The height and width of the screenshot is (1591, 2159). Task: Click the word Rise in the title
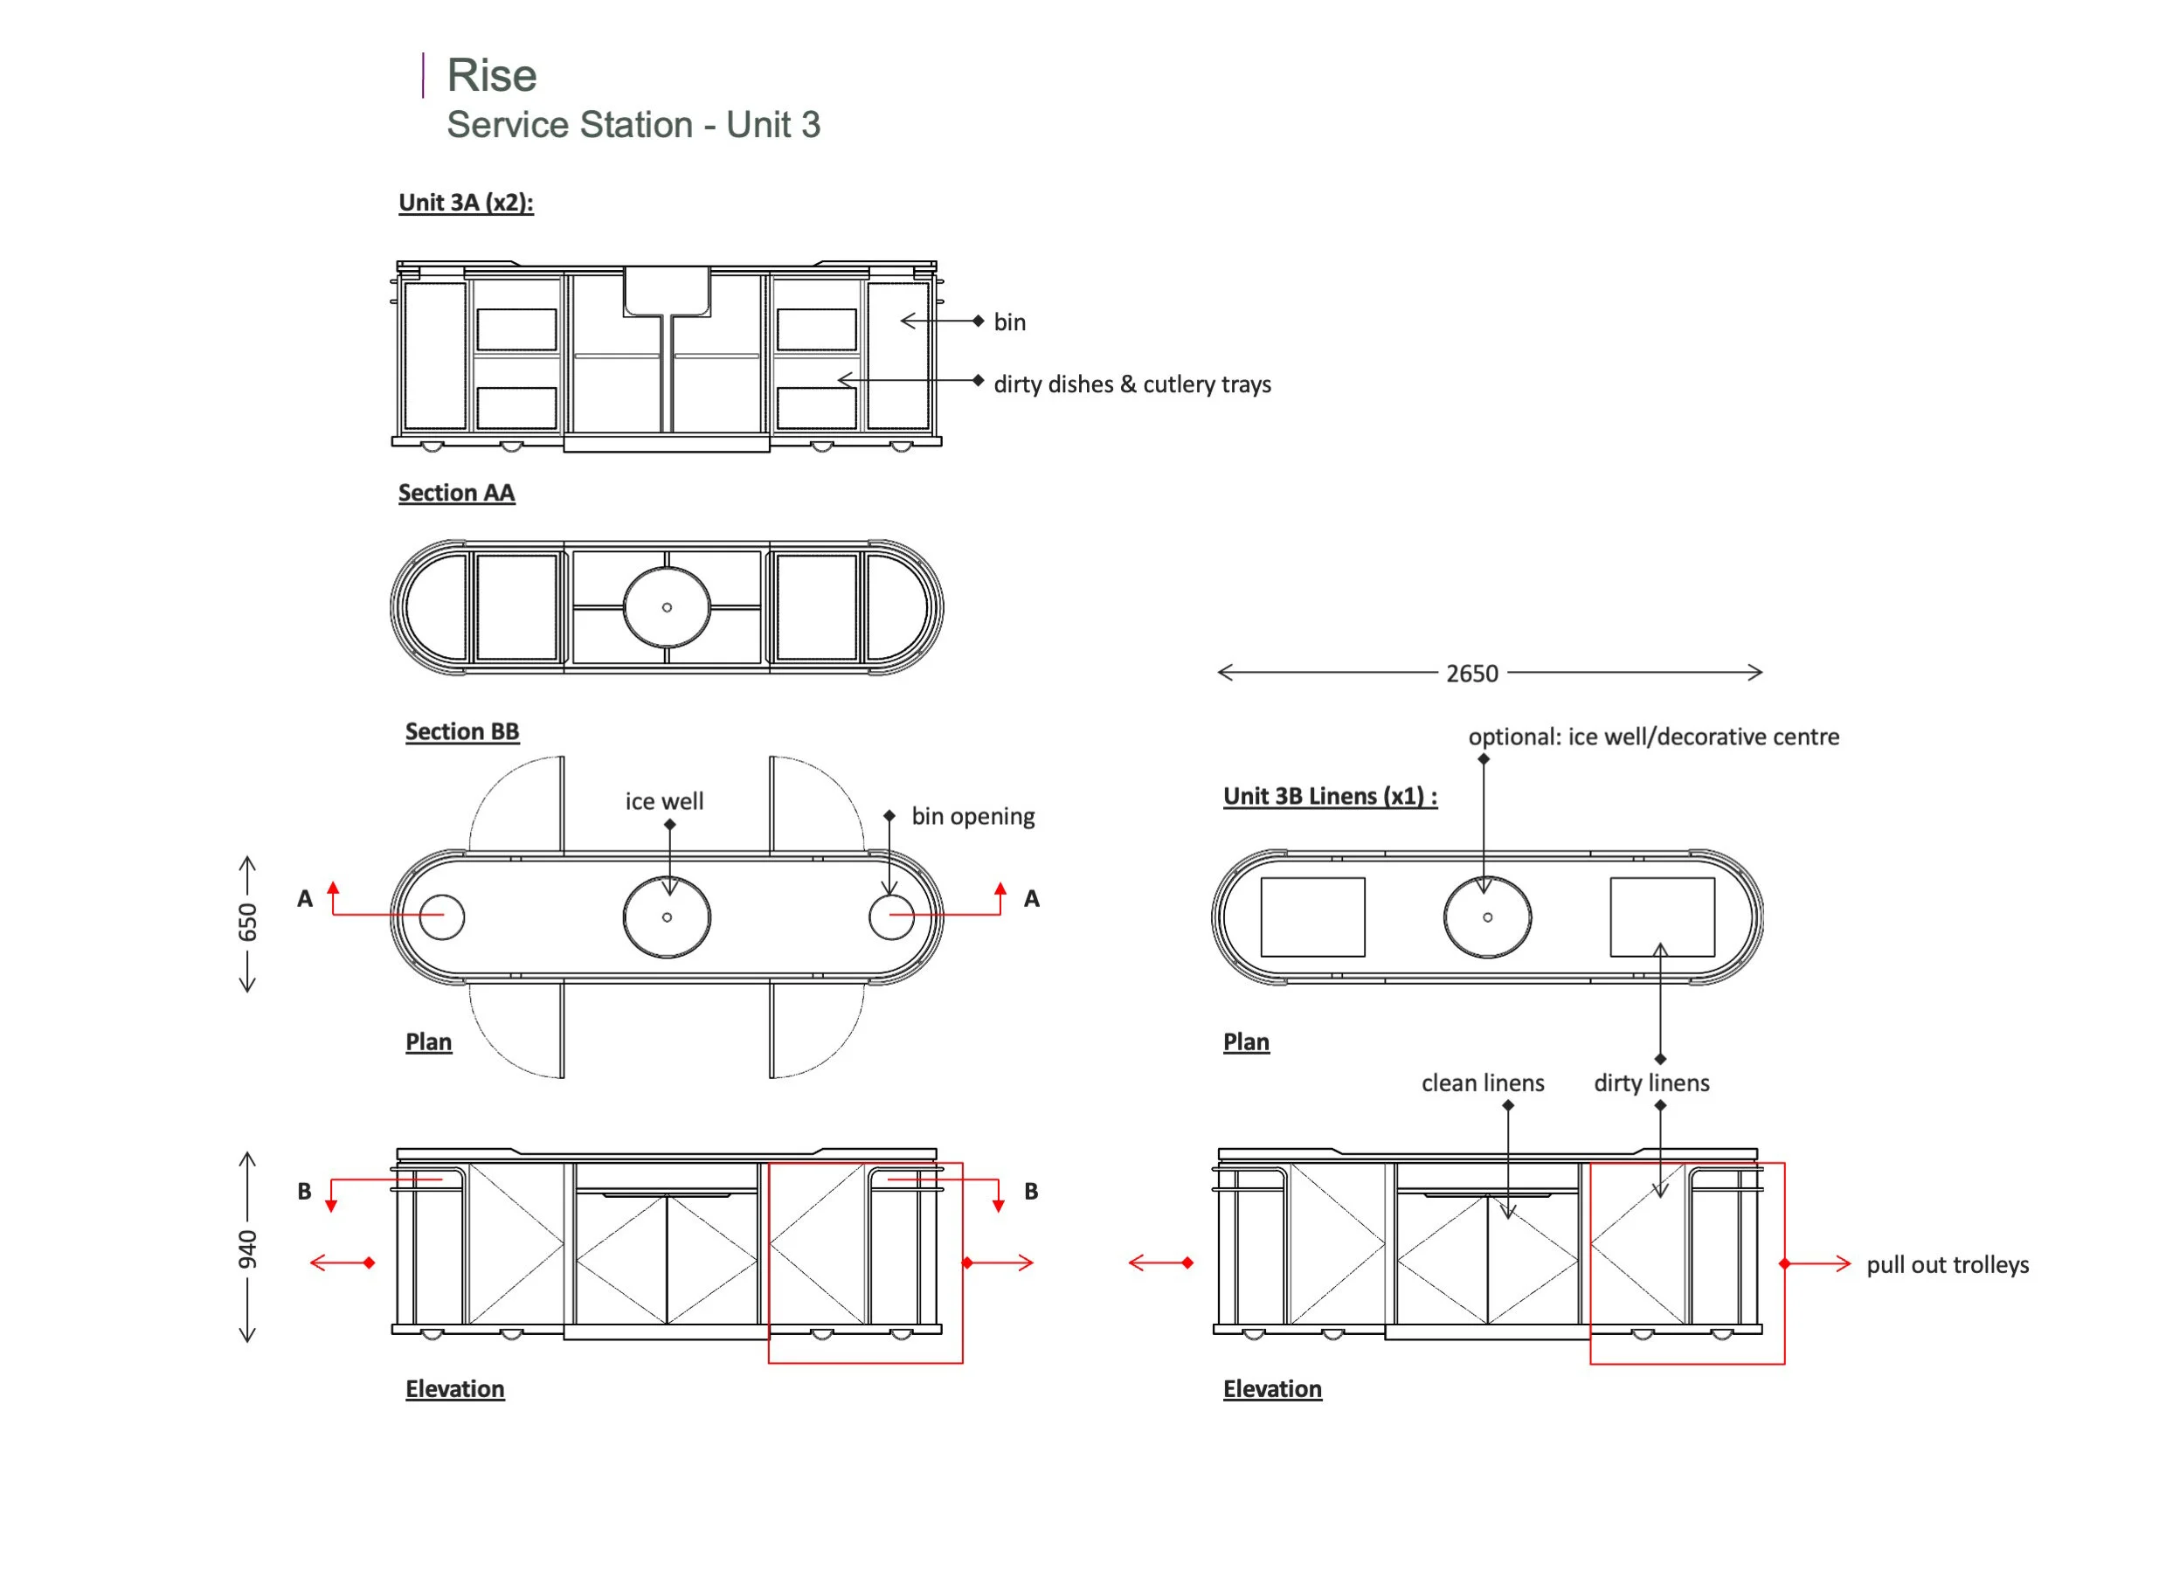(x=491, y=75)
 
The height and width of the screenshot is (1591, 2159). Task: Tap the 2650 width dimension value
(x=1471, y=674)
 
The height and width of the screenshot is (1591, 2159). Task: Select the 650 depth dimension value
(x=247, y=922)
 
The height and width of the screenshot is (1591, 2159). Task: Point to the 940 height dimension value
(x=247, y=1249)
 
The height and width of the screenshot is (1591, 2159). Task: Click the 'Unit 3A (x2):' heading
(x=466, y=202)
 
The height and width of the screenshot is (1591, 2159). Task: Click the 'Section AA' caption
(x=456, y=492)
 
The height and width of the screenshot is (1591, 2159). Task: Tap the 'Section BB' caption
(x=462, y=731)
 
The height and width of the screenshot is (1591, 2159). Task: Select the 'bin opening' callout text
(x=972, y=816)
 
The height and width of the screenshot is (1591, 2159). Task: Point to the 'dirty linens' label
(x=1651, y=1083)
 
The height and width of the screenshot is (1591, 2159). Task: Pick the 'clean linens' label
(x=1482, y=1083)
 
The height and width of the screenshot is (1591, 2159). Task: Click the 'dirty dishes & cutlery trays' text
(x=1131, y=384)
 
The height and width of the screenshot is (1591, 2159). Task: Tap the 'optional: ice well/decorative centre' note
(x=1653, y=737)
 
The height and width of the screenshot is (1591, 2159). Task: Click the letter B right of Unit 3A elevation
(x=1031, y=1192)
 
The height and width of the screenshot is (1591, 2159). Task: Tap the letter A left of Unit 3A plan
(x=305, y=898)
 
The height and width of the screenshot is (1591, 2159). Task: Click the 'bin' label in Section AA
(x=1009, y=322)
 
